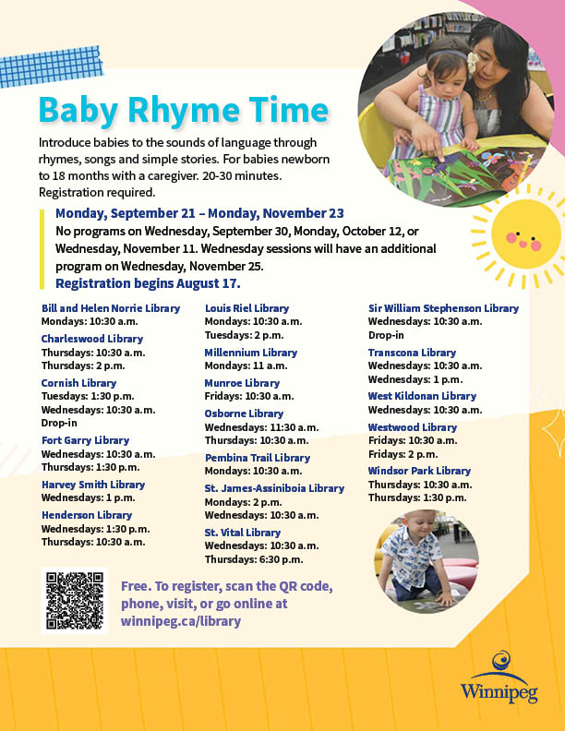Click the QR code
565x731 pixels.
75,601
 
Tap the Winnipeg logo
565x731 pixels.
499,677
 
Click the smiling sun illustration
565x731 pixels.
523,236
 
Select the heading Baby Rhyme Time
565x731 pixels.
184,111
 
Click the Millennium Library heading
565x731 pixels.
251,353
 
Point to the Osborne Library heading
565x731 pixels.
244,413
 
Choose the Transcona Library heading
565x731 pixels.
412,353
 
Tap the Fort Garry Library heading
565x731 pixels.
85,440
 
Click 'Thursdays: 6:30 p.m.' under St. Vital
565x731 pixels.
254,559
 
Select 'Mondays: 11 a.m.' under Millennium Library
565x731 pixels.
246,365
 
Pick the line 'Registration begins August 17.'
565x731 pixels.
148,283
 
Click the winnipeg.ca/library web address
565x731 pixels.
181,621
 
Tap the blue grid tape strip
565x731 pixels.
51,66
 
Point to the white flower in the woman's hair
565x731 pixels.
473,63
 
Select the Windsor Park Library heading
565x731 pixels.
419,471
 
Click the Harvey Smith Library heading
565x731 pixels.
93,485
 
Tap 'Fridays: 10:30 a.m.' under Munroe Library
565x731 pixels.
249,396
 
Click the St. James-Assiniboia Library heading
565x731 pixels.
274,488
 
